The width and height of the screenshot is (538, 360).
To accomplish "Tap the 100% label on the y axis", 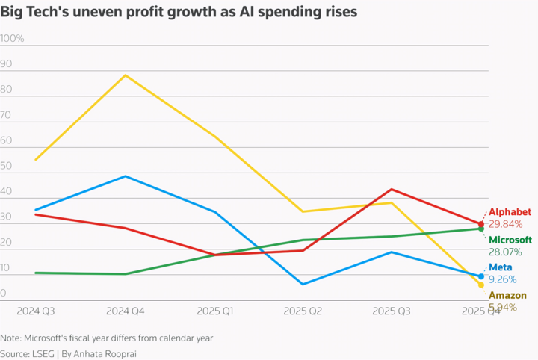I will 13,38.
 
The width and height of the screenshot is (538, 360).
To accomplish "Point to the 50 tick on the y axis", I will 7,166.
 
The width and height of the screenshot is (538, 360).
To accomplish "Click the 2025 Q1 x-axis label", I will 214,310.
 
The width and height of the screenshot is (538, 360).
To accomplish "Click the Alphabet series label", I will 510,212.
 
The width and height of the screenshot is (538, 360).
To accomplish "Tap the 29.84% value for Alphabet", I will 505,224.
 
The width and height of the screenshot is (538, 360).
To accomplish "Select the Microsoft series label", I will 510,240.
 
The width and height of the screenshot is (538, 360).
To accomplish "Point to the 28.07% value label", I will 505,252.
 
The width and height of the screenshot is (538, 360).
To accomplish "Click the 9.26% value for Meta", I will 502,280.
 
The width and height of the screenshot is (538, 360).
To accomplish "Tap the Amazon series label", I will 507,296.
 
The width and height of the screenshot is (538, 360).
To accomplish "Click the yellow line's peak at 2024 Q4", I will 126,75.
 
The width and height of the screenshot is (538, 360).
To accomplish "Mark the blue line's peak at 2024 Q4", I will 126,176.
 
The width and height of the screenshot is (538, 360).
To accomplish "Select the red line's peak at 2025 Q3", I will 392,189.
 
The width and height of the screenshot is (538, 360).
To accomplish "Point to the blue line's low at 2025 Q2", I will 303,284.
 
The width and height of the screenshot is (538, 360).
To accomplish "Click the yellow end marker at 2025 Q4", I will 480,285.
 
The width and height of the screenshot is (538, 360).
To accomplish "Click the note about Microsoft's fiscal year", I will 107,338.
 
